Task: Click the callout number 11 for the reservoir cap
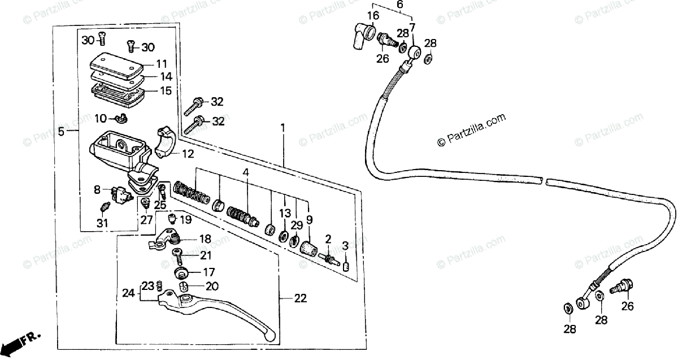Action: pyautogui.click(x=162, y=64)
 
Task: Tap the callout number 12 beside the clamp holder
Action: pyautogui.click(x=188, y=153)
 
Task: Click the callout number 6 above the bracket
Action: pyautogui.click(x=399, y=6)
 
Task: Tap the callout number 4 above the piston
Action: pyautogui.click(x=246, y=172)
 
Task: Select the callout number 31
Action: pyautogui.click(x=102, y=224)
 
